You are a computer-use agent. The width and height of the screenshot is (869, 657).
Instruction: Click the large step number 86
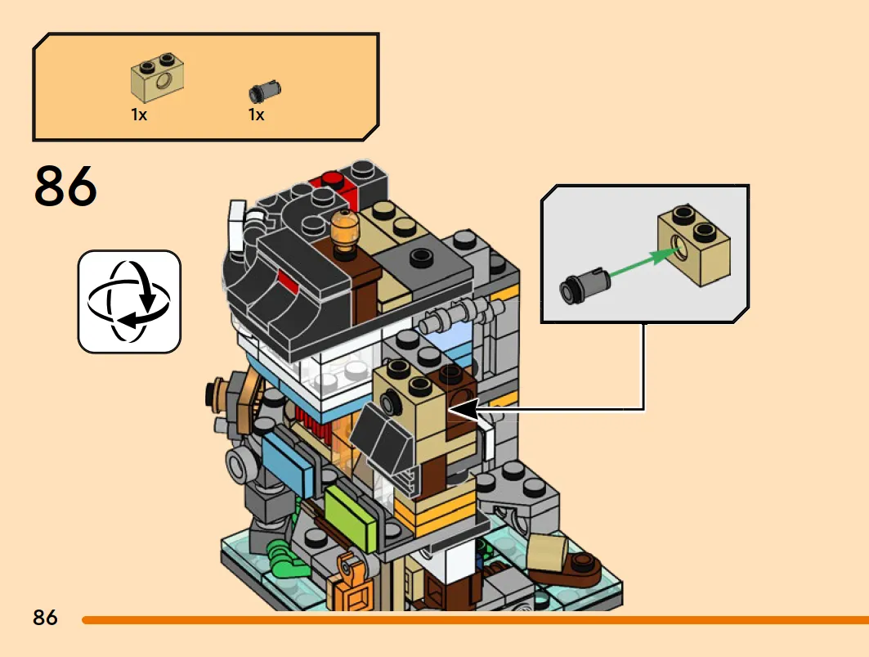[65, 186]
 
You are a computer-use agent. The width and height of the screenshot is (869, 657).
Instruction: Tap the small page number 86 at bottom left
[45, 618]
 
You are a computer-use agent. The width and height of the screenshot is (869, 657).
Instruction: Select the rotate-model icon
[129, 301]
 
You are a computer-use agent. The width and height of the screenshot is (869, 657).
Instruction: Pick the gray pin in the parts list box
[265, 91]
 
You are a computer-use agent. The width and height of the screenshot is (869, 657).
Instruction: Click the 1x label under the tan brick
[139, 115]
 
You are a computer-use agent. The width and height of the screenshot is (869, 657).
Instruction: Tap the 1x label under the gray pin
[256, 115]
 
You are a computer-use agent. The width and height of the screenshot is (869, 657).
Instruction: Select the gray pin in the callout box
[585, 285]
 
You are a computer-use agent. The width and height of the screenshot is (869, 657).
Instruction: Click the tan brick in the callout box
[694, 244]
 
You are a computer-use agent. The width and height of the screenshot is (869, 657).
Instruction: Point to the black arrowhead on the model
[462, 410]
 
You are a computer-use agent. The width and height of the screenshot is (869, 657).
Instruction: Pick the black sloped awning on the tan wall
[383, 438]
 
